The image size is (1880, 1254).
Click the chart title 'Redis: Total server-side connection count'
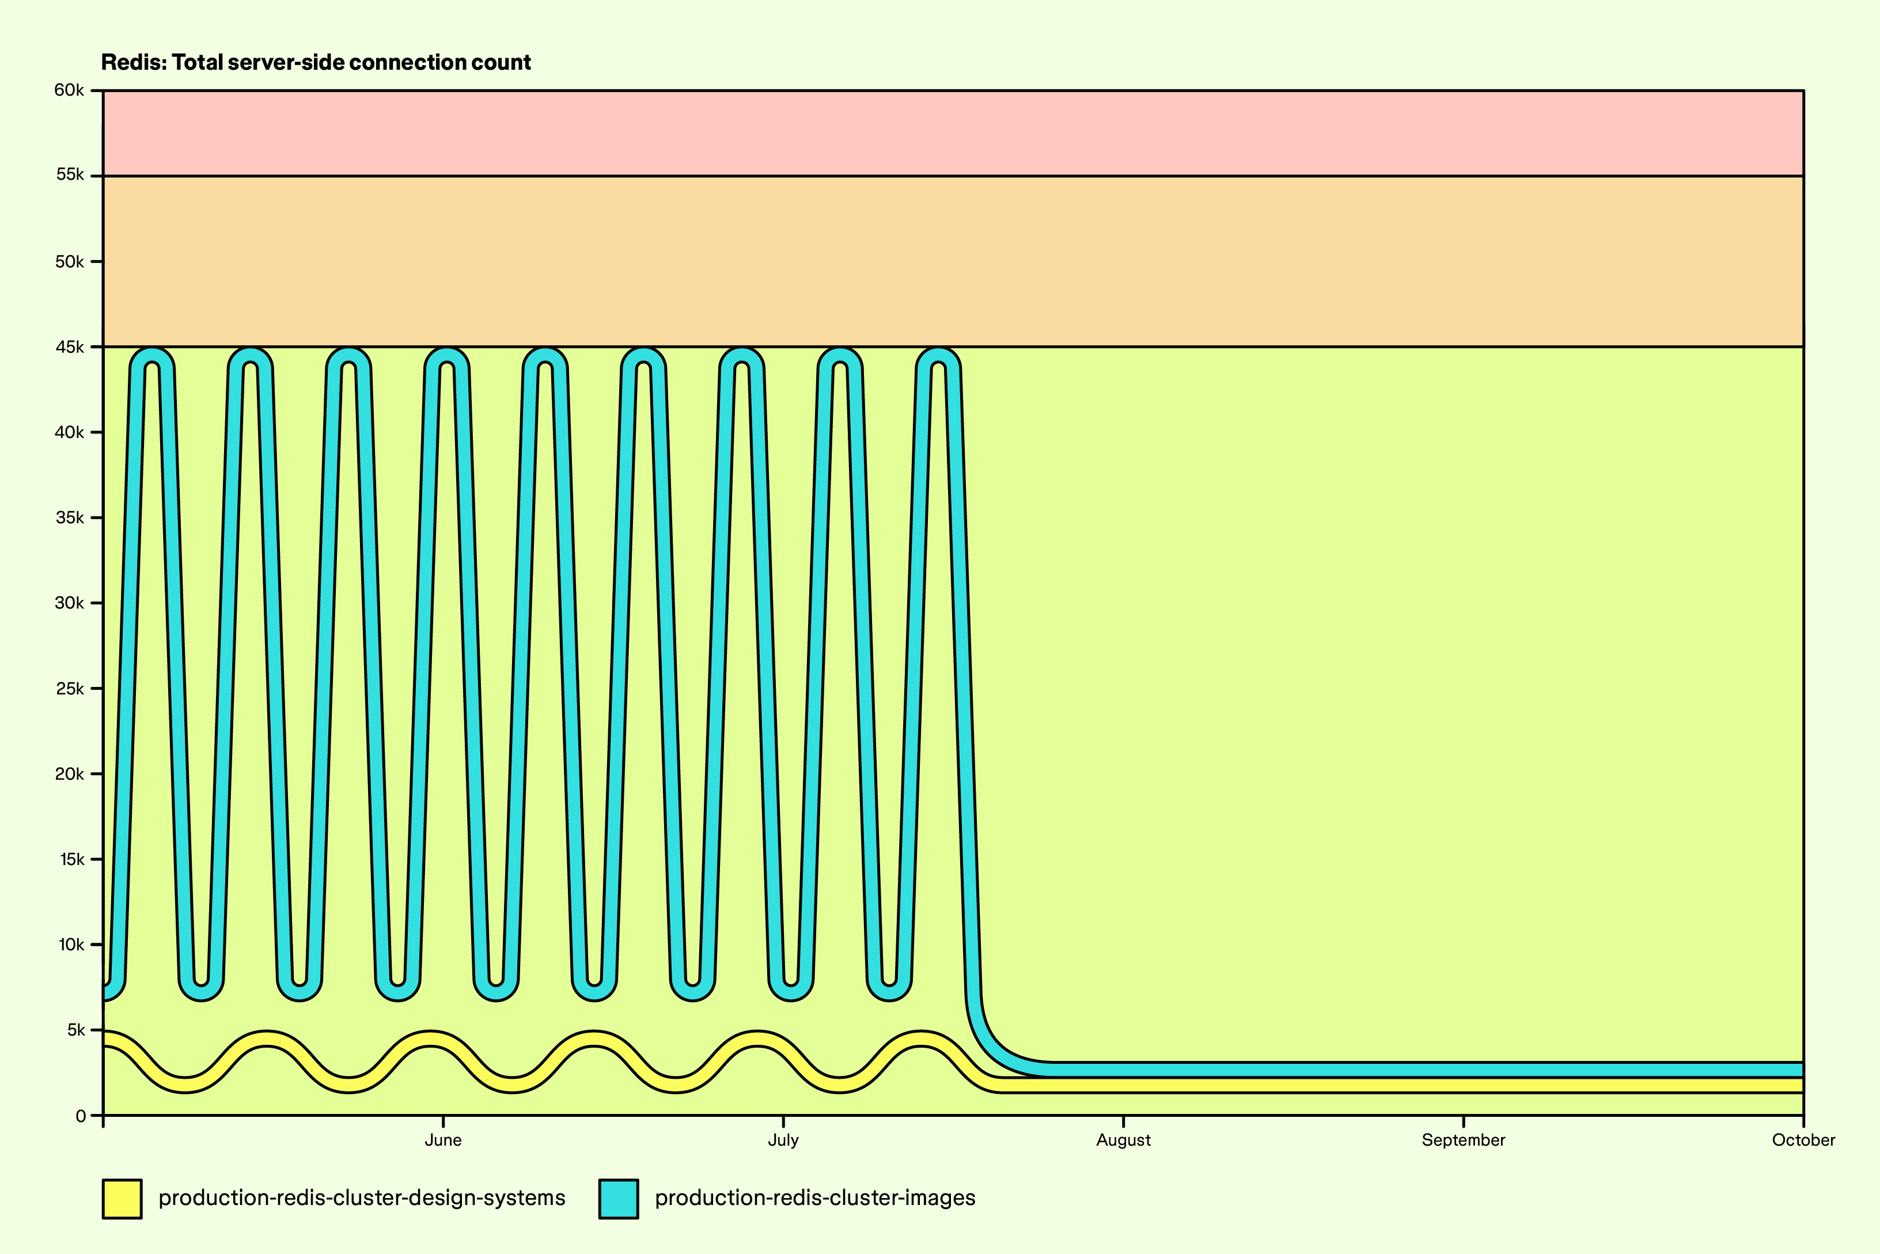(316, 62)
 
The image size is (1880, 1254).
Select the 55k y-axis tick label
(70, 175)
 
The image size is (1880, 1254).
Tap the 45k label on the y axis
(70, 347)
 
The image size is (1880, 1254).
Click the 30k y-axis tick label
(70, 603)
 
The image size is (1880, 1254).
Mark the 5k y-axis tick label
(75, 1030)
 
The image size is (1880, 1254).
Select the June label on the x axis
(443, 1140)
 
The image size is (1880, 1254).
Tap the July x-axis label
(783, 1140)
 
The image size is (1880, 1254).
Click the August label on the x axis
(1123, 1140)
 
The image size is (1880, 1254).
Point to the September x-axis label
(1463, 1140)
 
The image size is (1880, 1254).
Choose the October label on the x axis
(1803, 1140)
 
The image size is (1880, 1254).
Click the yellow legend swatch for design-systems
(122, 1199)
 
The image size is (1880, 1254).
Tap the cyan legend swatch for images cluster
(619, 1199)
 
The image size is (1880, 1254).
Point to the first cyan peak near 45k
(152, 356)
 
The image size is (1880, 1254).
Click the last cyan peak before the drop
(938, 356)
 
